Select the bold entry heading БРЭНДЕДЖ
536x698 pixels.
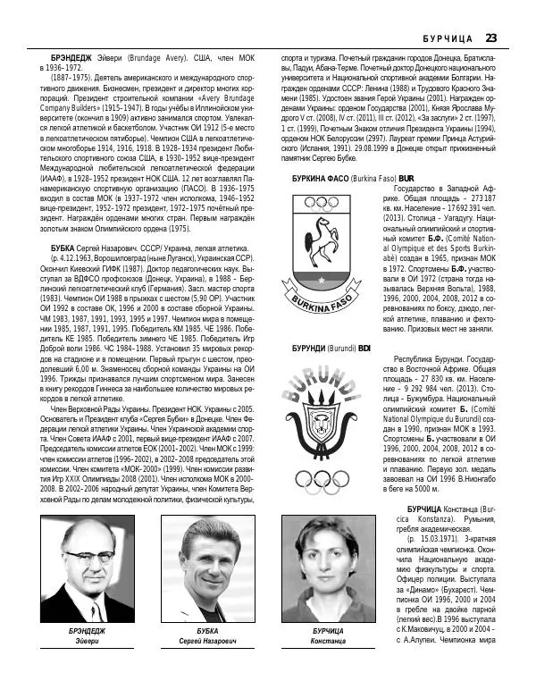pos(71,57)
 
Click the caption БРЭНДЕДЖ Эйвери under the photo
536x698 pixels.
pos(87,636)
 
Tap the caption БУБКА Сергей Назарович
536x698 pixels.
pos(201,636)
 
